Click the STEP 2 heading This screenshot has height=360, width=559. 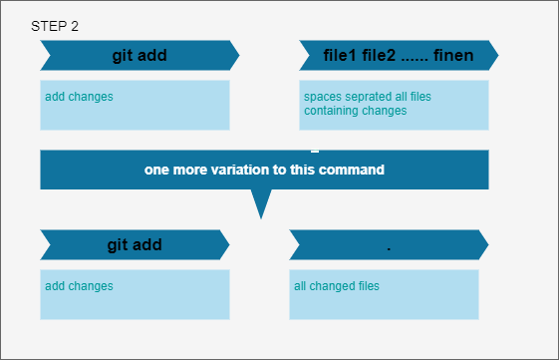coord(55,26)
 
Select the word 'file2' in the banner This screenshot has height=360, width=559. coord(379,55)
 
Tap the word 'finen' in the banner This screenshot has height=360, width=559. coord(453,55)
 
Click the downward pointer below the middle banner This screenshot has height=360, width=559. coord(261,204)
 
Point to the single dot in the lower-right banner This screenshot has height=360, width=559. coord(389,248)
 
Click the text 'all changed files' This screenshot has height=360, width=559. coord(337,286)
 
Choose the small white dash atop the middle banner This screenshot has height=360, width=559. coord(315,152)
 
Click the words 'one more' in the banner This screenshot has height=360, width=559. coord(175,170)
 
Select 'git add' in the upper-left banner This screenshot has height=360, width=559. coord(140,56)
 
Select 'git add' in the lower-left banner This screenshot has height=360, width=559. coord(135,245)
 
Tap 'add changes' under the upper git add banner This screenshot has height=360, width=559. coord(79,97)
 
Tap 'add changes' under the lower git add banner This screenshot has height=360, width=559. coord(79,286)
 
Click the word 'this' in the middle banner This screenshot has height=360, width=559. coord(302,170)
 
